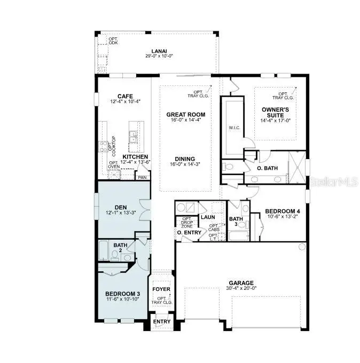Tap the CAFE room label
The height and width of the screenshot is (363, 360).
(124, 96)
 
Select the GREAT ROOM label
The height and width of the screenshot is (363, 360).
(185, 114)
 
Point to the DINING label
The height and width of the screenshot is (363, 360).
(185, 159)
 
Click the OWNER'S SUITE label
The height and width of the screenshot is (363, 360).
(276, 112)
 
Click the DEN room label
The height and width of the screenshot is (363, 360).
(120, 208)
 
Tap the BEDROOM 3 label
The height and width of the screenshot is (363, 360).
(122, 294)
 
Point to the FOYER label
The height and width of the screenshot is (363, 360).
(161, 289)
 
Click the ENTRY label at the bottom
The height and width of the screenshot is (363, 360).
(161, 322)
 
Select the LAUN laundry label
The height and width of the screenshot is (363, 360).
(208, 217)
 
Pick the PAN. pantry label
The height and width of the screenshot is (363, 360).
(142, 177)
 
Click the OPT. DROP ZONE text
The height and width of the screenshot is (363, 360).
(187, 223)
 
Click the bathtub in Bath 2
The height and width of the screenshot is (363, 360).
(104, 250)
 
